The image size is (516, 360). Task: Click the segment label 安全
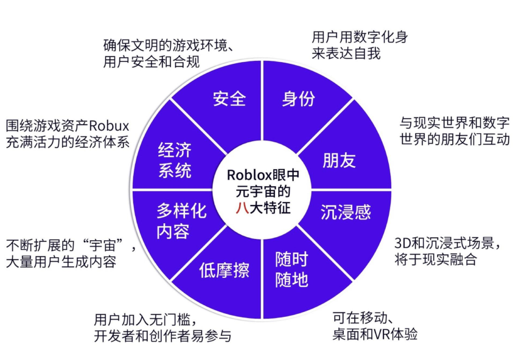[229, 98]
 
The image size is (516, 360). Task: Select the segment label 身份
[298, 98]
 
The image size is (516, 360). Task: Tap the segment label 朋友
[339, 161]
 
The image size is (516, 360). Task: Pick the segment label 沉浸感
[346, 212]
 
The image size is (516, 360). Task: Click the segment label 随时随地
[291, 269]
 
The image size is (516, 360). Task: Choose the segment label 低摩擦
[224, 269]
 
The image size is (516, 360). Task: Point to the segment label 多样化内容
[181, 221]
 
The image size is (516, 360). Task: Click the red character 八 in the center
[243, 207]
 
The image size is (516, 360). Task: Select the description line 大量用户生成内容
[60, 262]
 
